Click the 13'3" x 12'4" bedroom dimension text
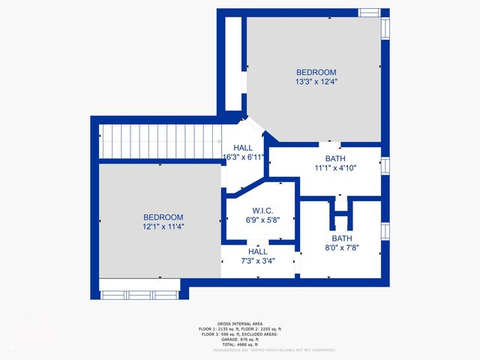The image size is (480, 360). click(316, 82)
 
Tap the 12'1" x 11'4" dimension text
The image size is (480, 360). click(163, 226)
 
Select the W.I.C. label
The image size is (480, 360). click(262, 211)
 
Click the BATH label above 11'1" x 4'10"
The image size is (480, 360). click(335, 158)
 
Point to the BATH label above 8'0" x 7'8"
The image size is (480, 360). click(341, 237)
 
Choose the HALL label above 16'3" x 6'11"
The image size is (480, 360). click(244, 148)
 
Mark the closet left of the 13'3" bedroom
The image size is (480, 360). click(233, 64)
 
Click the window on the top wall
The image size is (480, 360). click(369, 12)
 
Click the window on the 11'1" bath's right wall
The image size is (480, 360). click(386, 166)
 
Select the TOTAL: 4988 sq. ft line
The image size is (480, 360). click(239, 344)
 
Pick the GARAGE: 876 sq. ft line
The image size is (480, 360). click(239, 338)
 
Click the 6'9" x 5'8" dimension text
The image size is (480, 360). click(262, 220)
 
